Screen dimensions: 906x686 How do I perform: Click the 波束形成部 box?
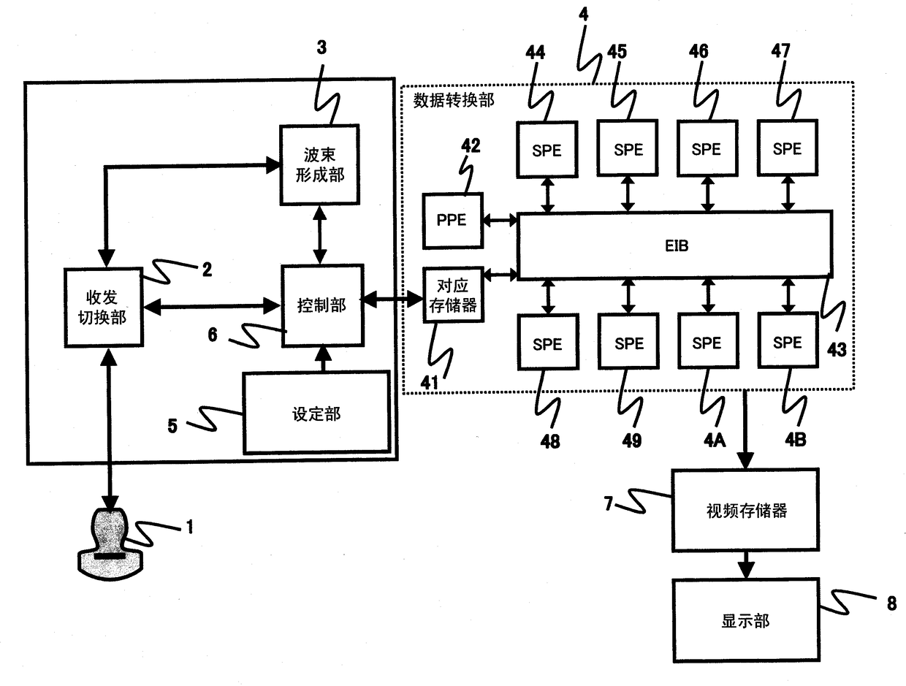319,164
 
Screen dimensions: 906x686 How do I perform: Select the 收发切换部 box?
104,308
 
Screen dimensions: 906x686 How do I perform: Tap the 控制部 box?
322,305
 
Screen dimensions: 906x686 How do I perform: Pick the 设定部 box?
316,413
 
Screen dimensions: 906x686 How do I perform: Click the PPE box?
452,221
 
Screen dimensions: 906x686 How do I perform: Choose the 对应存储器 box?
453,294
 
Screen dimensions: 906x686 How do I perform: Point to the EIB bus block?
674,245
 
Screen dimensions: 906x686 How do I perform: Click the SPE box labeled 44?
547,149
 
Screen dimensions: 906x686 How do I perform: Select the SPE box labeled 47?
787,148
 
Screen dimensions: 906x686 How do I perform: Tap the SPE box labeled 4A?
708,340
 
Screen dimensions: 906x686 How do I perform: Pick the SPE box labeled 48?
547,342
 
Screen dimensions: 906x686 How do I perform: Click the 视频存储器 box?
745,510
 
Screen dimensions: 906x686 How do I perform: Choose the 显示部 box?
746,620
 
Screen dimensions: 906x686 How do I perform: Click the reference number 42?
471,145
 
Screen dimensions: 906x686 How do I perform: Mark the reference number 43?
837,350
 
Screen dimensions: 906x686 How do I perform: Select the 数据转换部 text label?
453,101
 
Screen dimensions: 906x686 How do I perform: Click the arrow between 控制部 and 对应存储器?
392,298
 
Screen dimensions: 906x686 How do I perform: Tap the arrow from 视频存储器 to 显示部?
746,565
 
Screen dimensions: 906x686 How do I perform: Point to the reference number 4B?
796,440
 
